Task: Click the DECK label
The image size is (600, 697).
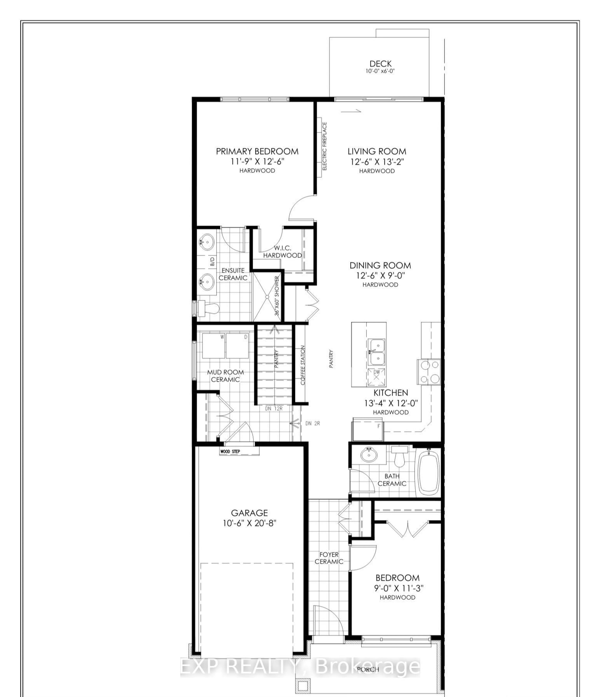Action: [x=380, y=64]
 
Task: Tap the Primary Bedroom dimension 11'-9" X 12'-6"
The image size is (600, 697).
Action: [x=257, y=161]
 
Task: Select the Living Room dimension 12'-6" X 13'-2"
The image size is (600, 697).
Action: [x=377, y=161]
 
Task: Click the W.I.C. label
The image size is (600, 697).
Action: [x=282, y=248]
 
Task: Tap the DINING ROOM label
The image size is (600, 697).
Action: [x=380, y=265]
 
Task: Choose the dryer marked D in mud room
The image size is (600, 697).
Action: [x=237, y=346]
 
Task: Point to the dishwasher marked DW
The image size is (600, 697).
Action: [x=376, y=377]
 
